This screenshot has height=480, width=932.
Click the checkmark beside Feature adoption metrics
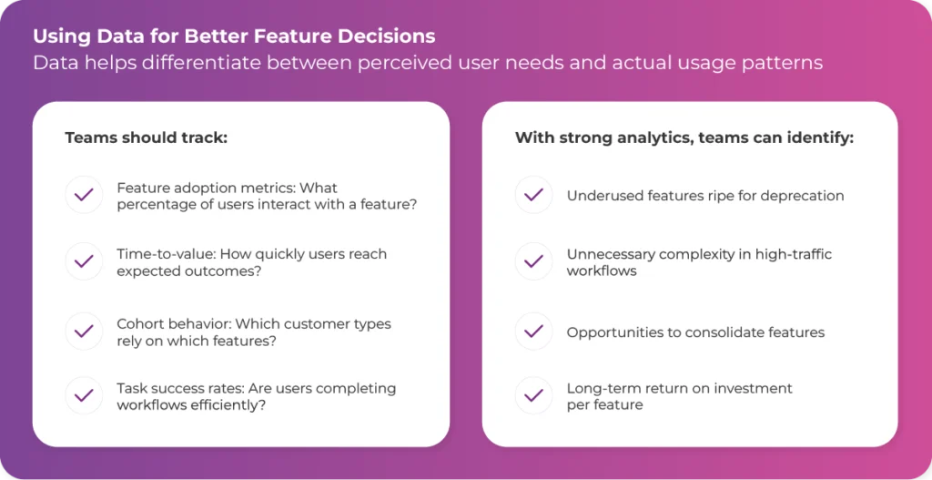[x=84, y=195]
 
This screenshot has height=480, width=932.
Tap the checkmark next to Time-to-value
[x=84, y=261]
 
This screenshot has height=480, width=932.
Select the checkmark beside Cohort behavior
[x=84, y=332]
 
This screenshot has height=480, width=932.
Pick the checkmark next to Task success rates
[x=84, y=395]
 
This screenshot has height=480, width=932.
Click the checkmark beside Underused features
[x=533, y=195]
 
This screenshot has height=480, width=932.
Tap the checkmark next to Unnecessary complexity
[x=533, y=261]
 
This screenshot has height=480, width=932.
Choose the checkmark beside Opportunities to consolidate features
[x=533, y=332]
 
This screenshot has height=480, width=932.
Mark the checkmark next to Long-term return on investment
[x=533, y=395]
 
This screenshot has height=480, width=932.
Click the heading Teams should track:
[x=147, y=138]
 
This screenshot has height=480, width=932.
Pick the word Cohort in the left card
[x=137, y=324]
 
